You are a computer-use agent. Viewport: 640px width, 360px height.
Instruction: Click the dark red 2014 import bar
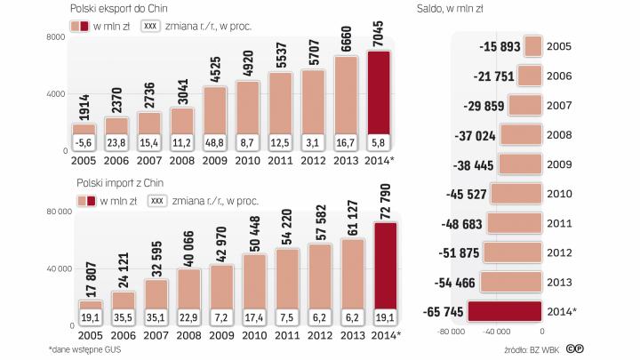click(386, 267)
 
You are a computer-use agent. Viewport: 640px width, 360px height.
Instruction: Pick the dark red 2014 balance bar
click(503, 310)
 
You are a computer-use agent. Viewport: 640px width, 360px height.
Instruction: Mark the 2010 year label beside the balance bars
click(559, 194)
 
